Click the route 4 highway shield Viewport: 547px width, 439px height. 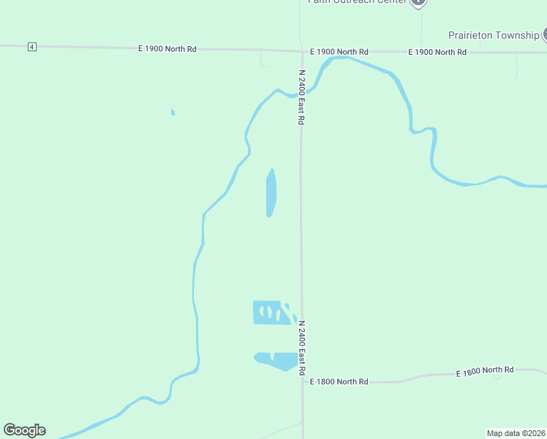[31, 47]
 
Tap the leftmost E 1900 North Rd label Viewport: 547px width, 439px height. [167, 49]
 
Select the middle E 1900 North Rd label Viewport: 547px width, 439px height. [339, 52]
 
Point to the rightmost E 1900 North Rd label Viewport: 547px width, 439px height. [437, 52]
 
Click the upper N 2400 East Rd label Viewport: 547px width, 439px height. [301, 97]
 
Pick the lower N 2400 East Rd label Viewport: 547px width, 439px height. [301, 348]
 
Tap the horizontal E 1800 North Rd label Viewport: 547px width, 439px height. [339, 382]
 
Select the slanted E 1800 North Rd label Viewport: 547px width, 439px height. [485, 372]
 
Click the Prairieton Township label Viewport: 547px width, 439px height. [494, 35]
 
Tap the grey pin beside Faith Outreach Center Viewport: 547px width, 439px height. [418, 2]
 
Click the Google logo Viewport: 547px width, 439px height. [24, 430]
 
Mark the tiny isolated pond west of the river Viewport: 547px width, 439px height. [173, 112]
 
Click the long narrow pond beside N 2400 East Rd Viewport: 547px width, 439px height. [271, 193]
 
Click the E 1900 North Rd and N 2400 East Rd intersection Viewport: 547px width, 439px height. [301, 51]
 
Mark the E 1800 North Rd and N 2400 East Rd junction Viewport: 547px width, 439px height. [303, 381]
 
